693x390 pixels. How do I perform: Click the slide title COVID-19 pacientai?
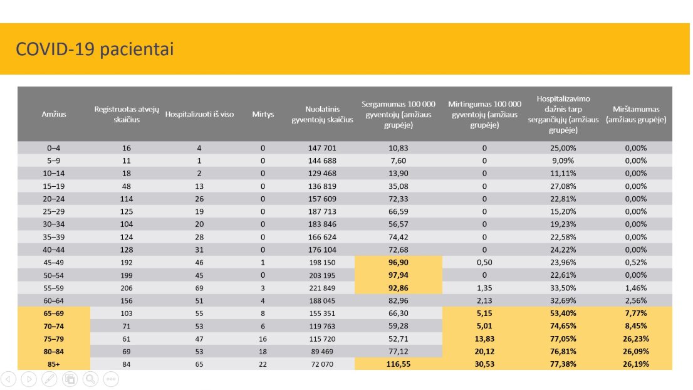click(x=95, y=49)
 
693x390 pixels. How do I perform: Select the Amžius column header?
click(x=54, y=114)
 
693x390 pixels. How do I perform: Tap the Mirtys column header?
click(x=263, y=114)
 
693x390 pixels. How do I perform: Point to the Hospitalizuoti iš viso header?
click(x=199, y=114)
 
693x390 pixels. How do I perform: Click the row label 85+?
click(x=54, y=364)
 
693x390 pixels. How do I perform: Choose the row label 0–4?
click(x=54, y=148)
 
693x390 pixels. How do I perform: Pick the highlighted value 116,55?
click(x=399, y=364)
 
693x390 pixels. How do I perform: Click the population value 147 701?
click(x=322, y=148)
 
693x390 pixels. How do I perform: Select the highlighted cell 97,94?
click(x=399, y=275)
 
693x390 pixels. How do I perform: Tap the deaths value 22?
click(x=263, y=364)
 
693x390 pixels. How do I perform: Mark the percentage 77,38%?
click(x=563, y=364)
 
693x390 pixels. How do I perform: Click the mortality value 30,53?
click(x=484, y=364)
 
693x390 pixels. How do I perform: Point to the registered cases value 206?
click(x=127, y=288)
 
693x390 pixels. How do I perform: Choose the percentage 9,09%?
click(x=563, y=161)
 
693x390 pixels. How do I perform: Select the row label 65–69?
click(x=54, y=314)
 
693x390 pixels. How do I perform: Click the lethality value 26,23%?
click(x=636, y=339)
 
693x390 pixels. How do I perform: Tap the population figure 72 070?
click(x=322, y=364)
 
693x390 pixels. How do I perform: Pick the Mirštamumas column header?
click(x=636, y=114)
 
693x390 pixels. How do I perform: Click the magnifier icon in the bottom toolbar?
click(x=91, y=379)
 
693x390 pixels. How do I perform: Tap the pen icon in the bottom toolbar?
click(x=49, y=379)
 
